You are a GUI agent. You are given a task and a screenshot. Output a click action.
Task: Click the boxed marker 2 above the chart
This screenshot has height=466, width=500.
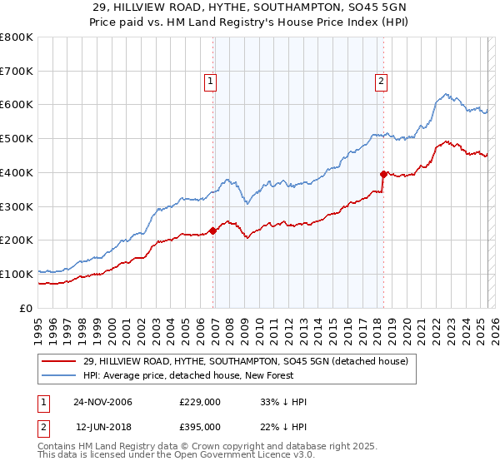(x=381, y=82)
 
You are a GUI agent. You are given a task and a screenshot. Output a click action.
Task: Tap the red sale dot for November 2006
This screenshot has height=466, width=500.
(x=212, y=231)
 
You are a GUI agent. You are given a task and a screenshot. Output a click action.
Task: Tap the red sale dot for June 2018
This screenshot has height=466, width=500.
(x=383, y=174)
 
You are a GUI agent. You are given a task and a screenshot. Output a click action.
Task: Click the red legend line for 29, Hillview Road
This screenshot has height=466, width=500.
(x=60, y=361)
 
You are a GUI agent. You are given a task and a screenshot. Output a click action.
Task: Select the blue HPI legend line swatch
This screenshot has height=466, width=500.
(x=60, y=375)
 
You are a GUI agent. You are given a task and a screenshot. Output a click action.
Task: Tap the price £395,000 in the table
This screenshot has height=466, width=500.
(x=200, y=426)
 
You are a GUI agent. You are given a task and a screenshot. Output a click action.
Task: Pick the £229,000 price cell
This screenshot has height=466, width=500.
(x=200, y=402)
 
